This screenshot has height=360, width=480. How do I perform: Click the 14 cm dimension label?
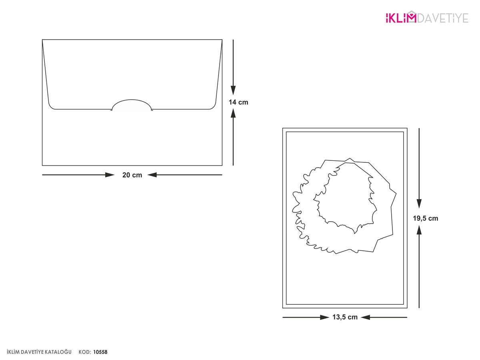pos(238,102)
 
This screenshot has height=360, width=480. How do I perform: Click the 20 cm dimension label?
pos(132,175)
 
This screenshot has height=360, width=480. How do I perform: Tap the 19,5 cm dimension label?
pos(425,218)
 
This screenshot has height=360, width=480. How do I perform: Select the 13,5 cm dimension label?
pos(345,317)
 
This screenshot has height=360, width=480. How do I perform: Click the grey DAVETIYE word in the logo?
pos(443,18)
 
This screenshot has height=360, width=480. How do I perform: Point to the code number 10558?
pos(100,352)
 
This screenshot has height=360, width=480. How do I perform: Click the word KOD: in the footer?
pos(85,352)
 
